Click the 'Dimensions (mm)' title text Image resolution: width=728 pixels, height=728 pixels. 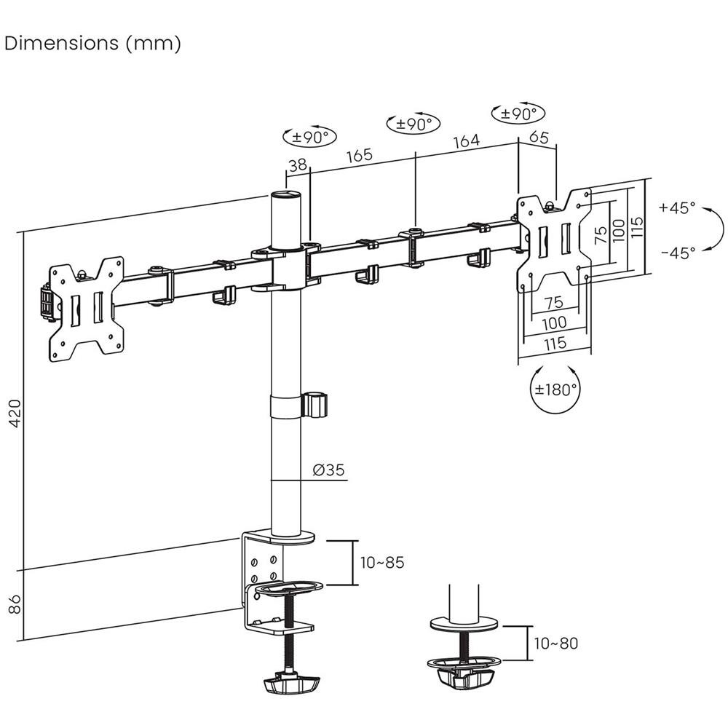pyautogui.click(x=92, y=44)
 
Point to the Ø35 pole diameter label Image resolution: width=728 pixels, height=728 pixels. pyautogui.click(x=328, y=470)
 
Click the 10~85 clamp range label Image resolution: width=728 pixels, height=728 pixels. pyautogui.click(x=381, y=563)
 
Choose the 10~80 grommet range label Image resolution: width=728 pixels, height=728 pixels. pyautogui.click(x=555, y=644)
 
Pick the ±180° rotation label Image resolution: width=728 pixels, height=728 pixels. pyautogui.click(x=555, y=389)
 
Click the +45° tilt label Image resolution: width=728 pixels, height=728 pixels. pyautogui.click(x=678, y=207)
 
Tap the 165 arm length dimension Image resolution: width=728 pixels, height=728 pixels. pyautogui.click(x=359, y=155)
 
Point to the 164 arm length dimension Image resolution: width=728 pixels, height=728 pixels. pyautogui.click(x=466, y=141)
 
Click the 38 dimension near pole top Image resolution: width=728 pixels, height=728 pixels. pyautogui.click(x=297, y=166)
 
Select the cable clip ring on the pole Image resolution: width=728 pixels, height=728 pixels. pyautogui.click(x=314, y=405)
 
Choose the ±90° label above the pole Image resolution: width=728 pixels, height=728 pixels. pyautogui.click(x=309, y=136)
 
